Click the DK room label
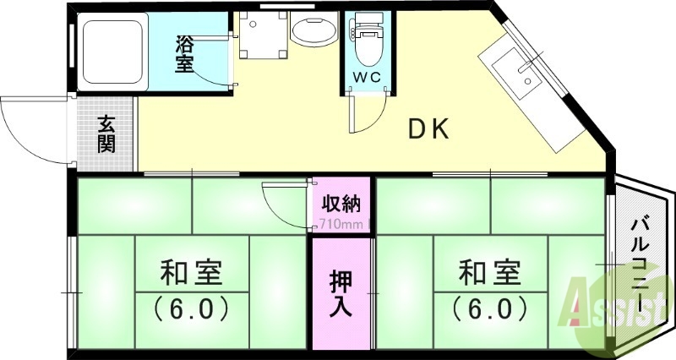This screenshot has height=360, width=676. pos(432,129)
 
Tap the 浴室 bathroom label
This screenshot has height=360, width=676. pos(185,53)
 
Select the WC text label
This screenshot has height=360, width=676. pos(367,77)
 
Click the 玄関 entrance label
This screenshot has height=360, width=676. pos(106,133)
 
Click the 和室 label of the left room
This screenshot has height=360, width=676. pos(192,274)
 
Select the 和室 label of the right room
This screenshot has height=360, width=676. pos(490,274)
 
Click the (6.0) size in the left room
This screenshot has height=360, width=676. pos(192,308)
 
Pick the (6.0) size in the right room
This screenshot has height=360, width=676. pos(490,308)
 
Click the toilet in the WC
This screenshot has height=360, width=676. pos(367,42)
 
